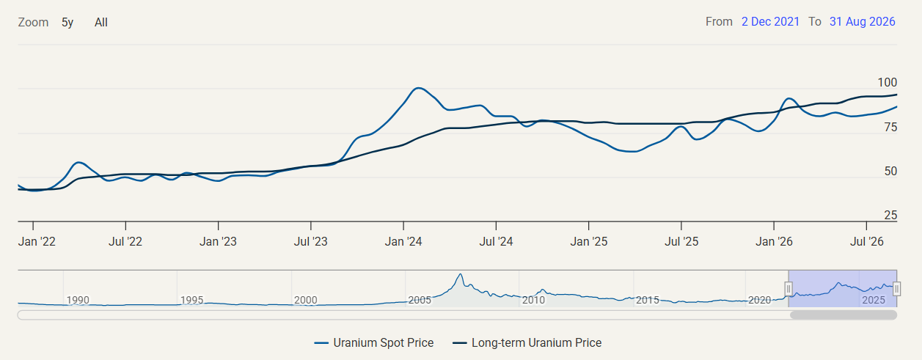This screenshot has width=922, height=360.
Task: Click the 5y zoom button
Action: point(67,22)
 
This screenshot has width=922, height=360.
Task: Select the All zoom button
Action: point(100,22)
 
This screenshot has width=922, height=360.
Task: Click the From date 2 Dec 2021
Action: point(770,21)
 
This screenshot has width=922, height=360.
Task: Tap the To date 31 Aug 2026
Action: point(862,21)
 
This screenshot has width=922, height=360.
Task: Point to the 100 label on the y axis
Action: point(887,82)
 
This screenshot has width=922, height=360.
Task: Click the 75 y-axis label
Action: point(890,127)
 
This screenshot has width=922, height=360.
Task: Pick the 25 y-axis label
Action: point(890,215)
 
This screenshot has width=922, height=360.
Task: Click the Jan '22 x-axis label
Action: point(37,241)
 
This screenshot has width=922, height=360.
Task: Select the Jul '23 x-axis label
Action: point(310,241)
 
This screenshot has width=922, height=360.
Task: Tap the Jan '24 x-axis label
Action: point(403,241)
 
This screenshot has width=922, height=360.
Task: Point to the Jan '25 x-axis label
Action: point(588,241)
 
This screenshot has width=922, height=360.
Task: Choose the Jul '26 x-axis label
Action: point(866,241)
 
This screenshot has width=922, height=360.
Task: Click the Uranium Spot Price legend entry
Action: point(374,342)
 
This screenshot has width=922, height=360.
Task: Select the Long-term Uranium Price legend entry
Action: point(527,342)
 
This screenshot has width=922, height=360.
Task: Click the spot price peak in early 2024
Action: point(418,88)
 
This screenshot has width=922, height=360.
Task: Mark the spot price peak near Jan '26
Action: point(789,98)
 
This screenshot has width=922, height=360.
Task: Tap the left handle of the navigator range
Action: point(789,289)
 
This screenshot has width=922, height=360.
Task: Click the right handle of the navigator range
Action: point(896,289)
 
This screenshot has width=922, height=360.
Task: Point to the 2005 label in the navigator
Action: point(420,300)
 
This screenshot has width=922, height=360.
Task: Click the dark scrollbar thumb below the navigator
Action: point(844,315)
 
